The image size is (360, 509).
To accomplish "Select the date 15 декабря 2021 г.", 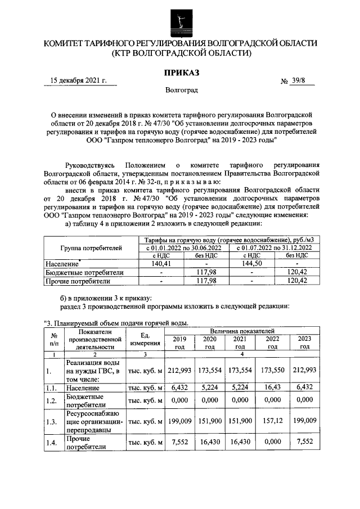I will pos(79,81).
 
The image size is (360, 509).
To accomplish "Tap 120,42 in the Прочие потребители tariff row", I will pos(298,281).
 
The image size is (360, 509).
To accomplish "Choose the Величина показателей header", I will pos(242,331).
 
